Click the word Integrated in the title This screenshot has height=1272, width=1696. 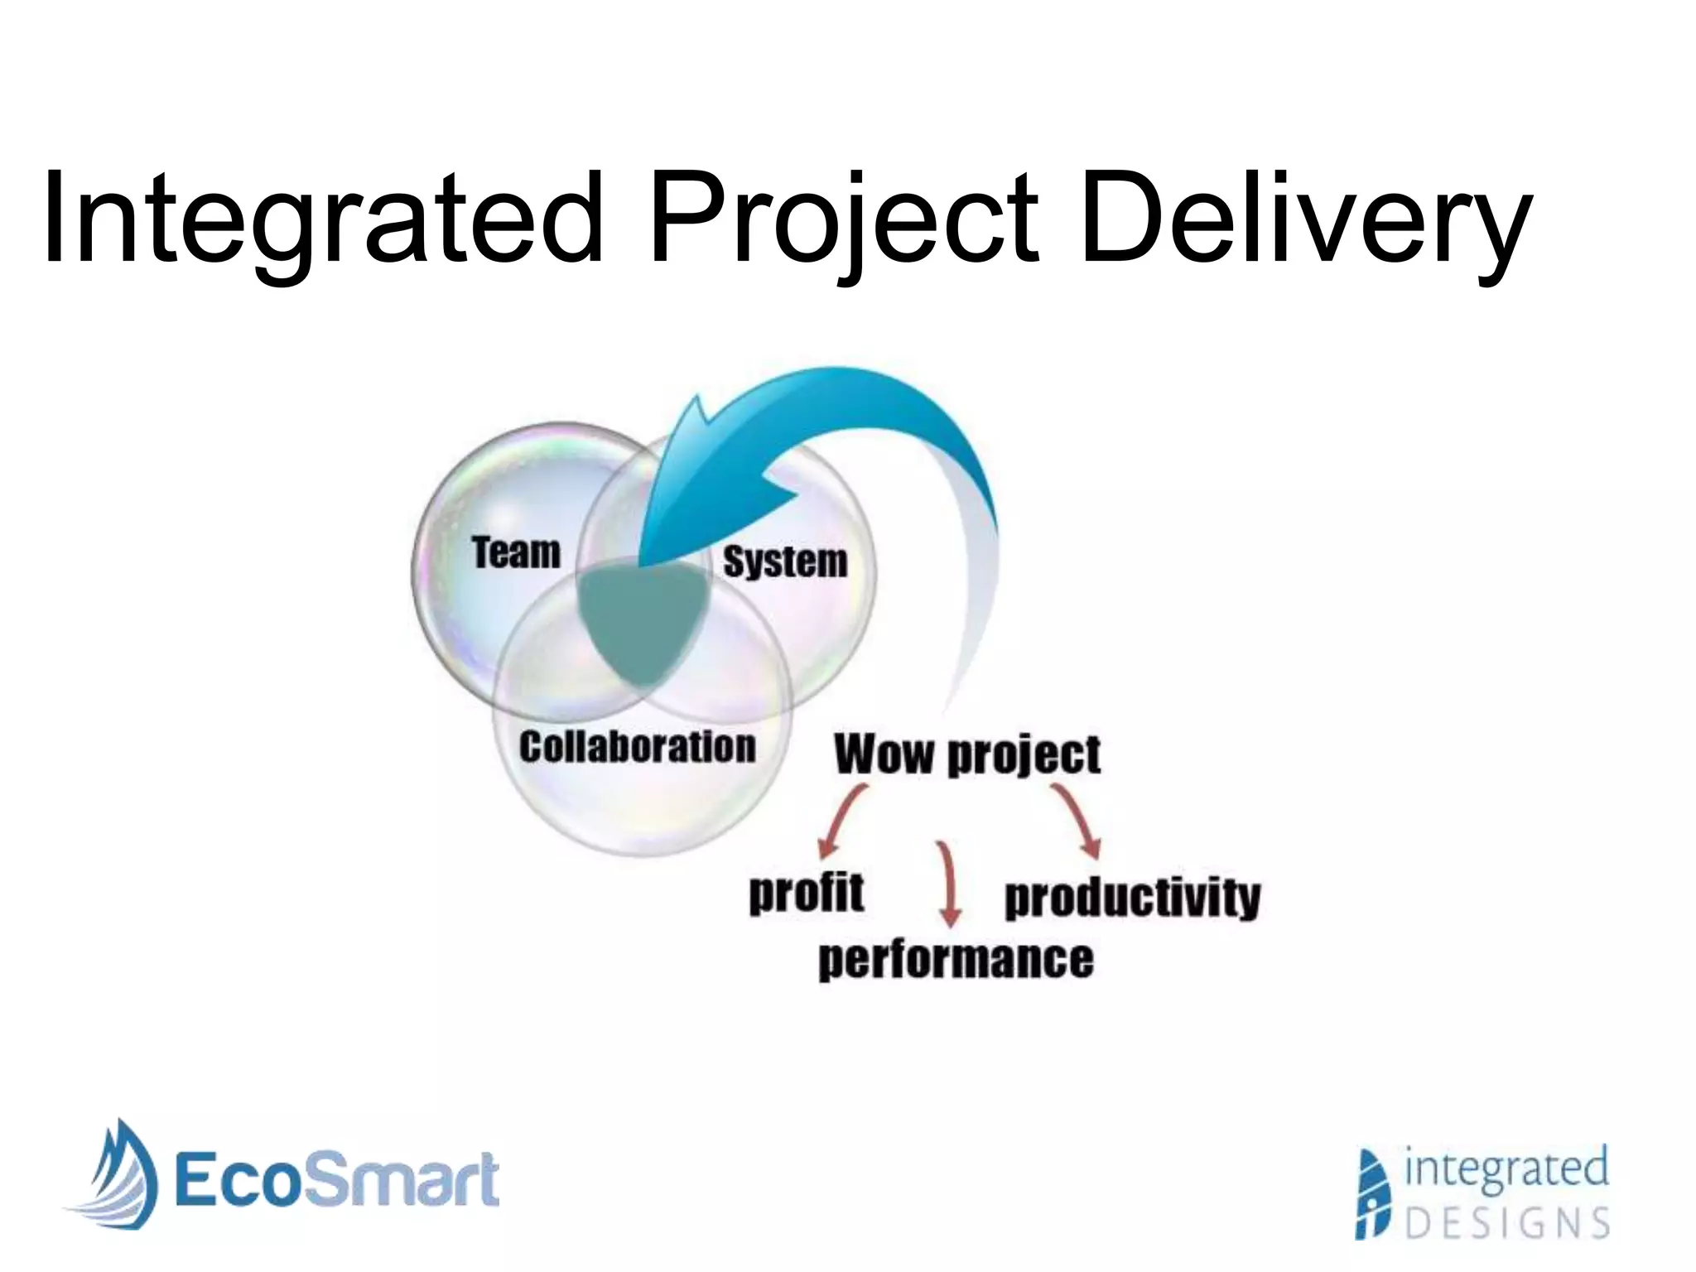[x=323, y=217]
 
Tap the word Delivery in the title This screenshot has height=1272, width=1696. [x=1304, y=217]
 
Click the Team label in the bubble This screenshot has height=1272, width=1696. [x=516, y=552]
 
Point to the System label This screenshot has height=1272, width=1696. [x=785, y=561]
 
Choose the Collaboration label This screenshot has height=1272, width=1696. [x=637, y=746]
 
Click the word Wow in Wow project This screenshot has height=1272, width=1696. [x=883, y=754]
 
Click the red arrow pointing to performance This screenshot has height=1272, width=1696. [x=947, y=883]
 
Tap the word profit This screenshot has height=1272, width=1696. [x=806, y=894]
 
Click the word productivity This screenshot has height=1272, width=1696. [x=1131, y=897]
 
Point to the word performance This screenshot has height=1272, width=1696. [x=956, y=960]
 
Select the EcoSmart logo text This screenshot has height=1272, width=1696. [x=335, y=1179]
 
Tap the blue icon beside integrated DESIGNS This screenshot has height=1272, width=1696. [x=1375, y=1193]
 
